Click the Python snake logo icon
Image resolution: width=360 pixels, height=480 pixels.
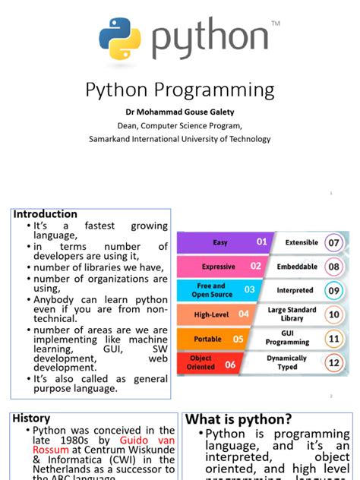[120, 39]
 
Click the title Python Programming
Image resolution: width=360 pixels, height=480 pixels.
[179, 90]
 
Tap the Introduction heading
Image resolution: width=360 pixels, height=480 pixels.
[46, 214]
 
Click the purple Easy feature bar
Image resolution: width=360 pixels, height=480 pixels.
[223, 242]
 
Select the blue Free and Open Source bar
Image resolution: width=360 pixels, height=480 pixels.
[220, 290]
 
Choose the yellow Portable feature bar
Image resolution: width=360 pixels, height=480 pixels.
[216, 339]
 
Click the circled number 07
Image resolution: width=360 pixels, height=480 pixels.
[333, 243]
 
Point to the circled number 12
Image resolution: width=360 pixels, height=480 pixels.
[333, 362]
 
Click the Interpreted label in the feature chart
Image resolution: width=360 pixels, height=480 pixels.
[295, 290]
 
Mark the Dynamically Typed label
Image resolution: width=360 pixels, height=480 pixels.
[287, 362]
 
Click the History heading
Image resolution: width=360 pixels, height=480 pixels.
[32, 418]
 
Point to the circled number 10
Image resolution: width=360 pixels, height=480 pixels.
[333, 314]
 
